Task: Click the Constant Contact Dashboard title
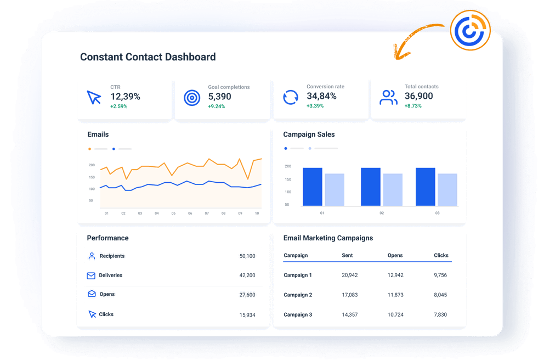coord(148,57)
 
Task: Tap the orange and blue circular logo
coord(469,30)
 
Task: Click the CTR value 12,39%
coord(125,97)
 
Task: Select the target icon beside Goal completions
coord(192,98)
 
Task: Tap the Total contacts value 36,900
coord(419,96)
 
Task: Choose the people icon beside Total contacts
coord(388,98)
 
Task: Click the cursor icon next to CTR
coord(94,98)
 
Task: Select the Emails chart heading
coord(98,134)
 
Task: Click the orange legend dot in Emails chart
coord(90,149)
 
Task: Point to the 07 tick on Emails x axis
coord(207,213)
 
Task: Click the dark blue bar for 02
coord(371,187)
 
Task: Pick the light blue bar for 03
coord(447,189)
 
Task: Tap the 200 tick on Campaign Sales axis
coord(288,166)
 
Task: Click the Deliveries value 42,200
coord(247,275)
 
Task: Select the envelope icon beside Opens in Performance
coord(92,294)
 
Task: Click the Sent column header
coord(347,255)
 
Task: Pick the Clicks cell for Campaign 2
coord(440,295)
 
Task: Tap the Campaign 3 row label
coord(298,314)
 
